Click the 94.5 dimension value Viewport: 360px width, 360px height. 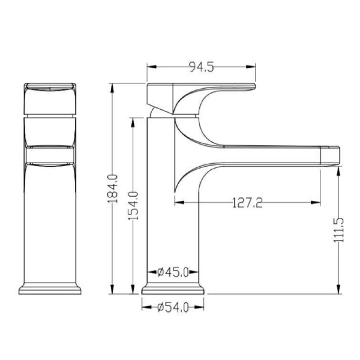[x=202, y=67]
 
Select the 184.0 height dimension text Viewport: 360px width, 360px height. [x=113, y=189]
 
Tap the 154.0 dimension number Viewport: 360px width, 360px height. [x=133, y=206]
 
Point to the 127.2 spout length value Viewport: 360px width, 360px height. [x=247, y=203]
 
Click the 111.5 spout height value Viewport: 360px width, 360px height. [x=338, y=230]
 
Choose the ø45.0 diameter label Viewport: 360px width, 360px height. [x=173, y=272]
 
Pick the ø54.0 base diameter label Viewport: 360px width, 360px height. [x=173, y=307]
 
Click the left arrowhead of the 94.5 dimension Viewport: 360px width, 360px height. [x=152, y=67]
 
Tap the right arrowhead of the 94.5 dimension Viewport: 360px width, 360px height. [x=250, y=67]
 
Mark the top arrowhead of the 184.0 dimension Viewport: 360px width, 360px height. [x=112, y=88]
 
